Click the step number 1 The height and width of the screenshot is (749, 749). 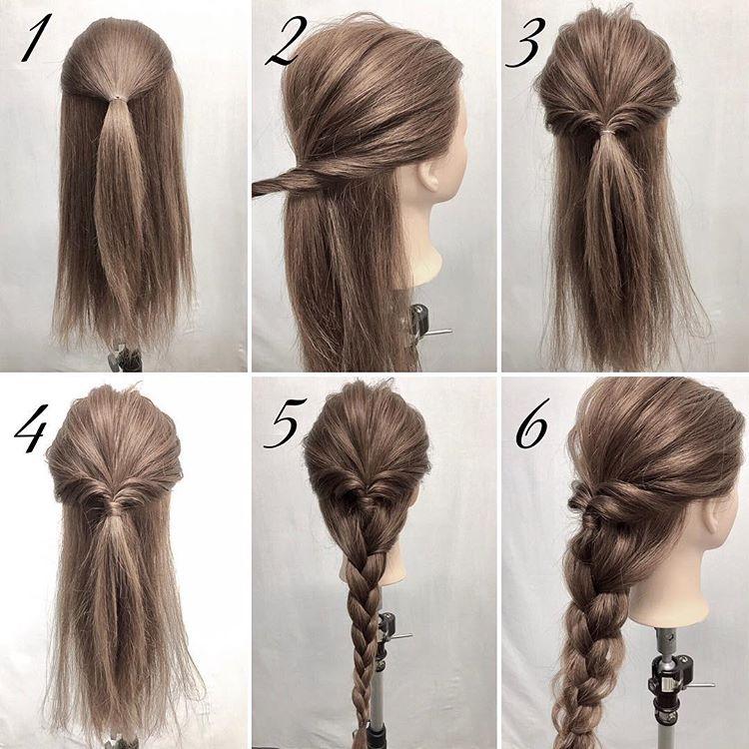pos(36,38)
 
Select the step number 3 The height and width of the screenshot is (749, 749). pos(525,43)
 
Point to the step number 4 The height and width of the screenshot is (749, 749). pos(32,428)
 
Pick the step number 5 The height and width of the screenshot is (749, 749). pos(286,422)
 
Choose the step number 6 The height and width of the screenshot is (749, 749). pos(532,423)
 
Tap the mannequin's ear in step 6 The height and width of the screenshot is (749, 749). pos(715,515)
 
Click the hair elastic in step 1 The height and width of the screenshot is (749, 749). pos(115,99)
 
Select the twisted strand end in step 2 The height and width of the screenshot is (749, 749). pos(261,188)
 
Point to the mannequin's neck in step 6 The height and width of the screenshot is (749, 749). pos(669,592)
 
